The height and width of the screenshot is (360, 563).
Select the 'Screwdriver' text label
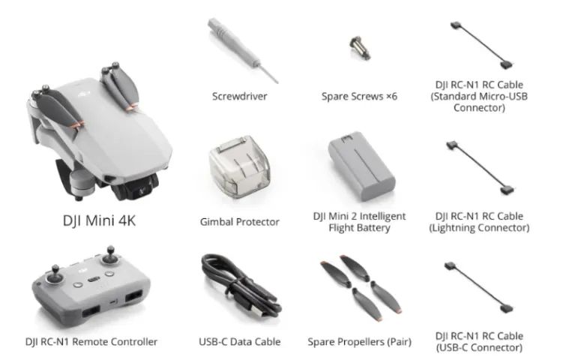239,96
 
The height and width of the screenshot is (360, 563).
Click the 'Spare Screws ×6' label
359,96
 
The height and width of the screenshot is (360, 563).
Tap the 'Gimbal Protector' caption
239,222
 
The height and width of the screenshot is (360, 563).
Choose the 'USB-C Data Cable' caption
239,342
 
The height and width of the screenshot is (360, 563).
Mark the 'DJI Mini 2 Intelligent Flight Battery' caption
359,222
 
